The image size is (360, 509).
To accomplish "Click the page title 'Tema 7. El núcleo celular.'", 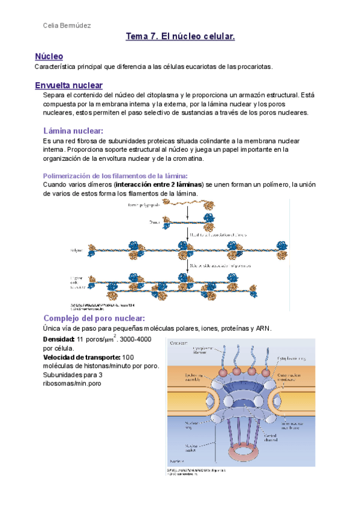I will pos(180,37).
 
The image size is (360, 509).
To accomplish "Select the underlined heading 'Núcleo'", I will pos(49,56).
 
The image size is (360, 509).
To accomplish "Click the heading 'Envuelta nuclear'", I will pos(69,85).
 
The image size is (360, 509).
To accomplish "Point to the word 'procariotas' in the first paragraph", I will pos(251,67).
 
